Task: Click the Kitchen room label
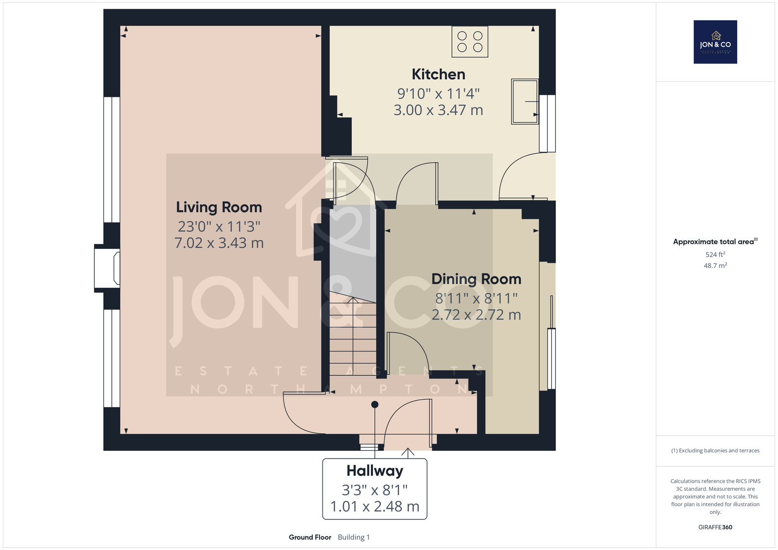pyautogui.click(x=438, y=74)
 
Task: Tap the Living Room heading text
pyautogui.click(x=219, y=208)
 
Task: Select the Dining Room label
pyautogui.click(x=476, y=279)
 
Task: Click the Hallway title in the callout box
pyautogui.click(x=375, y=471)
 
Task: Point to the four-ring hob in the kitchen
pyautogui.click(x=470, y=42)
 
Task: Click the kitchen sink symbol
pyautogui.click(x=525, y=102)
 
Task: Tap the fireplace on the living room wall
pyautogui.click(x=107, y=268)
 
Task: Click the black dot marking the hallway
pyautogui.click(x=375, y=405)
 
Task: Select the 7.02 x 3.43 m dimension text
pyautogui.click(x=219, y=243)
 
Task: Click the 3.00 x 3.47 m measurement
pyautogui.click(x=438, y=110)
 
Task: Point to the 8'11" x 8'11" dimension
pyautogui.click(x=476, y=299)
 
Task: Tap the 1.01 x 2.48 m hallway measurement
pyautogui.click(x=375, y=507)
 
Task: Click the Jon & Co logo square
pyautogui.click(x=715, y=42)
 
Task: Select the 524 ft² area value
pyautogui.click(x=715, y=254)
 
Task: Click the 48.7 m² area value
pyautogui.click(x=715, y=266)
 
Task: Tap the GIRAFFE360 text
pyautogui.click(x=715, y=527)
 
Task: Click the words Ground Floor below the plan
pyautogui.click(x=310, y=537)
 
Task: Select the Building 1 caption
pyautogui.click(x=354, y=537)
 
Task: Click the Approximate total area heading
pyautogui.click(x=715, y=242)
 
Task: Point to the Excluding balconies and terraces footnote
pyautogui.click(x=715, y=451)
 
